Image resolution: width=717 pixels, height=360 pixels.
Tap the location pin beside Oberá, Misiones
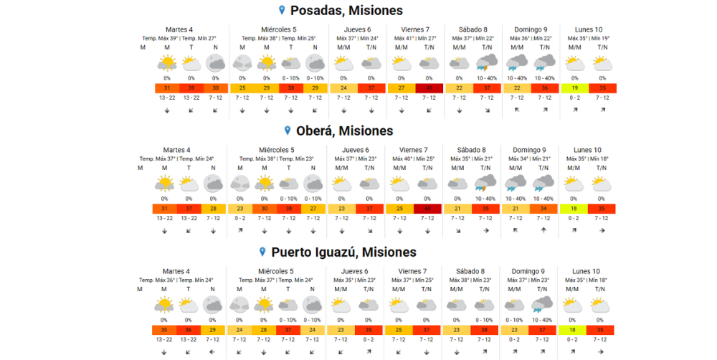pos(288,131)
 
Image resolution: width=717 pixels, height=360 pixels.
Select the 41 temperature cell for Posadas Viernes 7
pos(429,87)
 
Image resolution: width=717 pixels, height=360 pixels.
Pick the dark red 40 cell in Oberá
pos(429,209)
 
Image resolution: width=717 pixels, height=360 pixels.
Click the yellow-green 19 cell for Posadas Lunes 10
pos(574,87)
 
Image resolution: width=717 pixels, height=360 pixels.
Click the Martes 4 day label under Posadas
pos(180,29)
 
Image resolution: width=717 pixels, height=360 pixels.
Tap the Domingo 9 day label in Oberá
pos(529,150)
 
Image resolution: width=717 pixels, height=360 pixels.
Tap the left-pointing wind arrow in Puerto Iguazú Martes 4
pos(212,352)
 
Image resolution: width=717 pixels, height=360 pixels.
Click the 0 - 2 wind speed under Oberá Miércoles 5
pos(241,218)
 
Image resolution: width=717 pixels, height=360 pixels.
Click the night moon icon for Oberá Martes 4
pos(212,184)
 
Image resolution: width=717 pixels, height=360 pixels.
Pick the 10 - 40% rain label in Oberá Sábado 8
pos(487,199)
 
